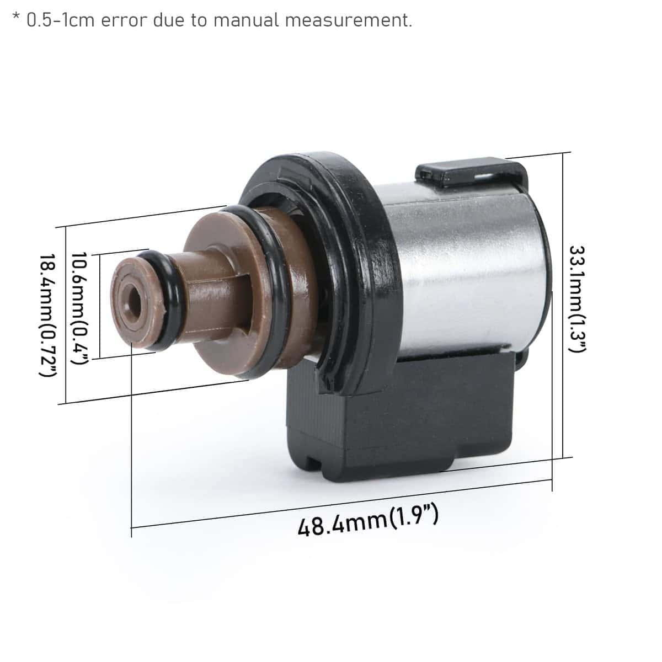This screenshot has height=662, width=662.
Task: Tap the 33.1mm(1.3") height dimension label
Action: point(578,299)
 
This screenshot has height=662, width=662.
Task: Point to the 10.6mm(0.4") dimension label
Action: point(79,308)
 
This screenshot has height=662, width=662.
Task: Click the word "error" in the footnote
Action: point(124,20)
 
